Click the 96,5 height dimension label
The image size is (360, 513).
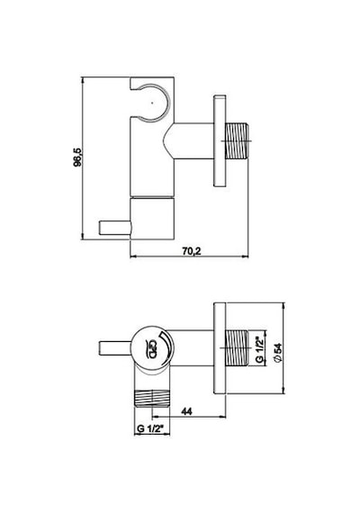click(x=78, y=157)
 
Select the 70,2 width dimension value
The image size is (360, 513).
click(x=192, y=251)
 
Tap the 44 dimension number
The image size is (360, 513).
click(x=186, y=411)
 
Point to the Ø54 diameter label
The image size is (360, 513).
click(x=278, y=352)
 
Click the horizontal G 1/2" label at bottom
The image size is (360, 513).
click(x=150, y=428)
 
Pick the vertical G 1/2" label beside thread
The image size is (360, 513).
click(x=259, y=350)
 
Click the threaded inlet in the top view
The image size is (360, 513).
click(x=237, y=141)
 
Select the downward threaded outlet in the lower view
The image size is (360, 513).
click(x=153, y=398)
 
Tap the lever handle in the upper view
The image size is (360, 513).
click(x=114, y=228)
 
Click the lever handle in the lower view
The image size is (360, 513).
click(x=115, y=347)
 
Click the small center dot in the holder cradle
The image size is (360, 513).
click(x=152, y=103)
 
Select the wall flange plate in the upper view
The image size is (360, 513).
click(x=220, y=141)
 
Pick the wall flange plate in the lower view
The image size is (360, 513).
click(x=220, y=348)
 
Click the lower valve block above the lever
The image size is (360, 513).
click(x=152, y=218)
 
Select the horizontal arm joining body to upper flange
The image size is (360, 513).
click(x=189, y=141)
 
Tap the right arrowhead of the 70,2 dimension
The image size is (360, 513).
click(x=247, y=256)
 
